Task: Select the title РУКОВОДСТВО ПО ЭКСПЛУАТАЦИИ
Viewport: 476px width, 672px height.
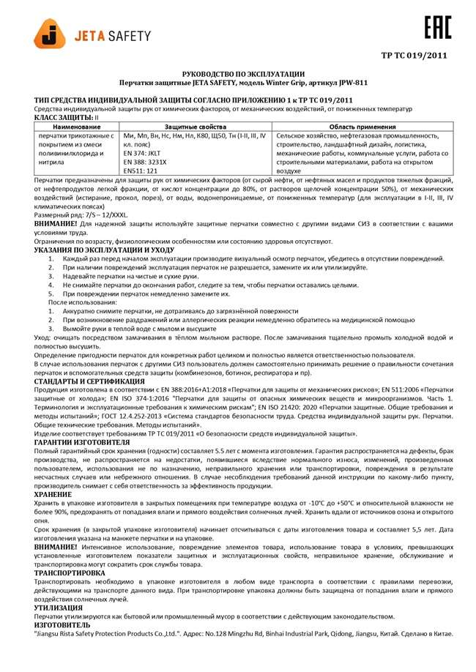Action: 238,75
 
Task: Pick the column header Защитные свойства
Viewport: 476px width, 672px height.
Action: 196,127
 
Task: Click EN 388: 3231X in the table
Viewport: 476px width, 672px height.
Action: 149,162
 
